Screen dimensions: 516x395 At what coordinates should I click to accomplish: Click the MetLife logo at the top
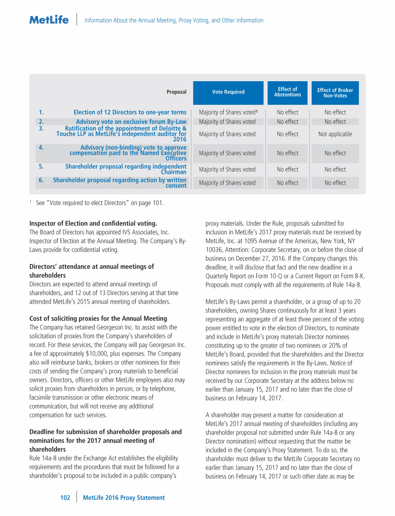point(49,21)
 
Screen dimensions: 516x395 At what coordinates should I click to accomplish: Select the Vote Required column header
point(228,92)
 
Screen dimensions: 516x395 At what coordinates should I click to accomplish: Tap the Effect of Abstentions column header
point(288,92)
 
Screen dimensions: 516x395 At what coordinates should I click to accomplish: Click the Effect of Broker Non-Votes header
point(335,93)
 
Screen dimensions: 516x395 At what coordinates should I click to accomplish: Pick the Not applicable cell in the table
point(335,134)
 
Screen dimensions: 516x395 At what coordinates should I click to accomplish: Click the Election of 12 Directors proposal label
point(130,112)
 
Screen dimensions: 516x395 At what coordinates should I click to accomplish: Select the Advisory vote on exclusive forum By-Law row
point(131,122)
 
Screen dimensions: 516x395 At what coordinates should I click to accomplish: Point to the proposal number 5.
point(41,167)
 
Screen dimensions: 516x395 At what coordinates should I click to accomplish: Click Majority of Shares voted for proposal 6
point(227,183)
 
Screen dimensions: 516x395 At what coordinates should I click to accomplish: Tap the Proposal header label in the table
point(176,93)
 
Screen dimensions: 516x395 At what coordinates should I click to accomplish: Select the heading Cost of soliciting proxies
point(98,319)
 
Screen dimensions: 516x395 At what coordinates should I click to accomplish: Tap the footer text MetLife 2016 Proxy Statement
point(124,497)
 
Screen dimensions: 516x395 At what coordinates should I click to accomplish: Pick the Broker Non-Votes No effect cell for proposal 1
point(335,112)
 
